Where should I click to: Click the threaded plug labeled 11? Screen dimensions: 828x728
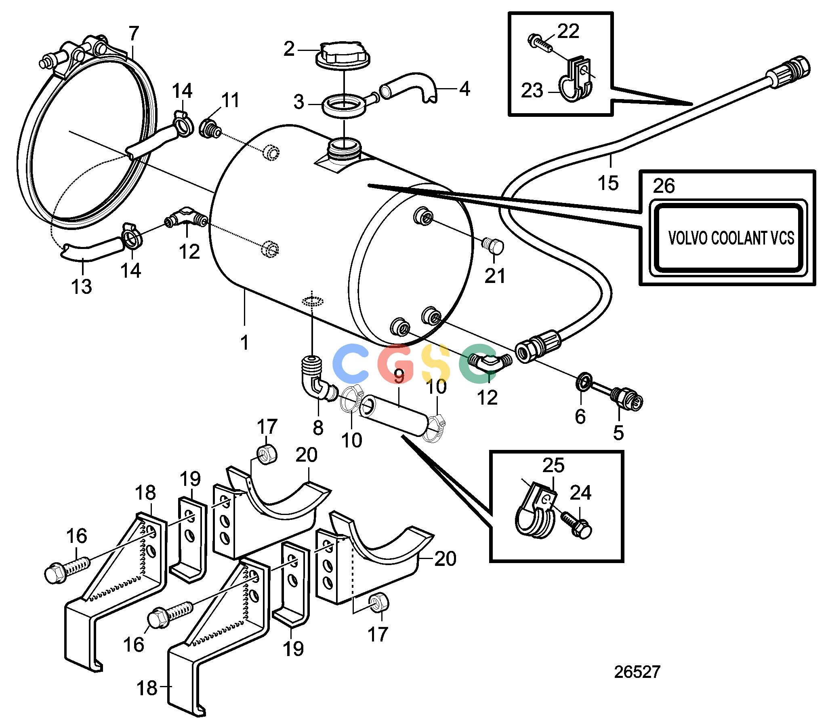[x=211, y=127]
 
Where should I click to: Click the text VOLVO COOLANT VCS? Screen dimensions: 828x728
[x=731, y=238]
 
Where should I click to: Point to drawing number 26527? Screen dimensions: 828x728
[x=637, y=672]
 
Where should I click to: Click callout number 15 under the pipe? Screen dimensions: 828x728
[x=608, y=183]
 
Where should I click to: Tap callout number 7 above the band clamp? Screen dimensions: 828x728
[x=134, y=34]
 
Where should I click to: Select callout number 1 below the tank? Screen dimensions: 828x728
[x=244, y=343]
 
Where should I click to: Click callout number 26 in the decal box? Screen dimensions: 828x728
[x=664, y=186]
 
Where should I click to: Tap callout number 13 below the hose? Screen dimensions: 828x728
[x=82, y=287]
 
